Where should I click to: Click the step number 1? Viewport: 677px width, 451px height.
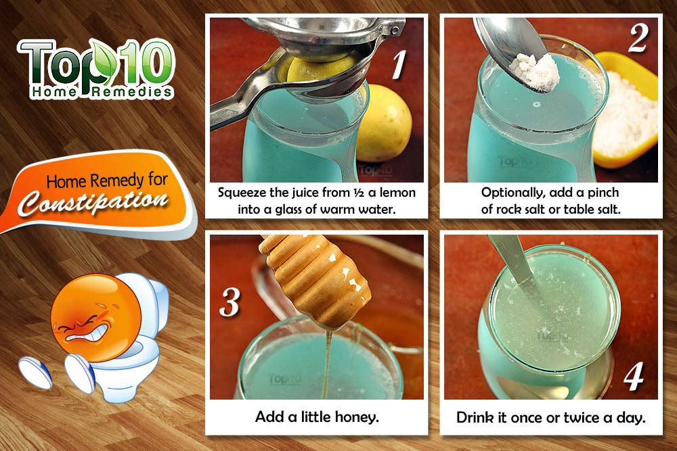point(399,64)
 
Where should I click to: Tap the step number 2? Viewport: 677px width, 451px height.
point(638,38)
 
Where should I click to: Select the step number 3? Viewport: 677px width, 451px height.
point(230,302)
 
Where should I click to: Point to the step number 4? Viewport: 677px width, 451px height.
point(634,377)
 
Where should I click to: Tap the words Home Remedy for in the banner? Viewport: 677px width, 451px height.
point(107,181)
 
